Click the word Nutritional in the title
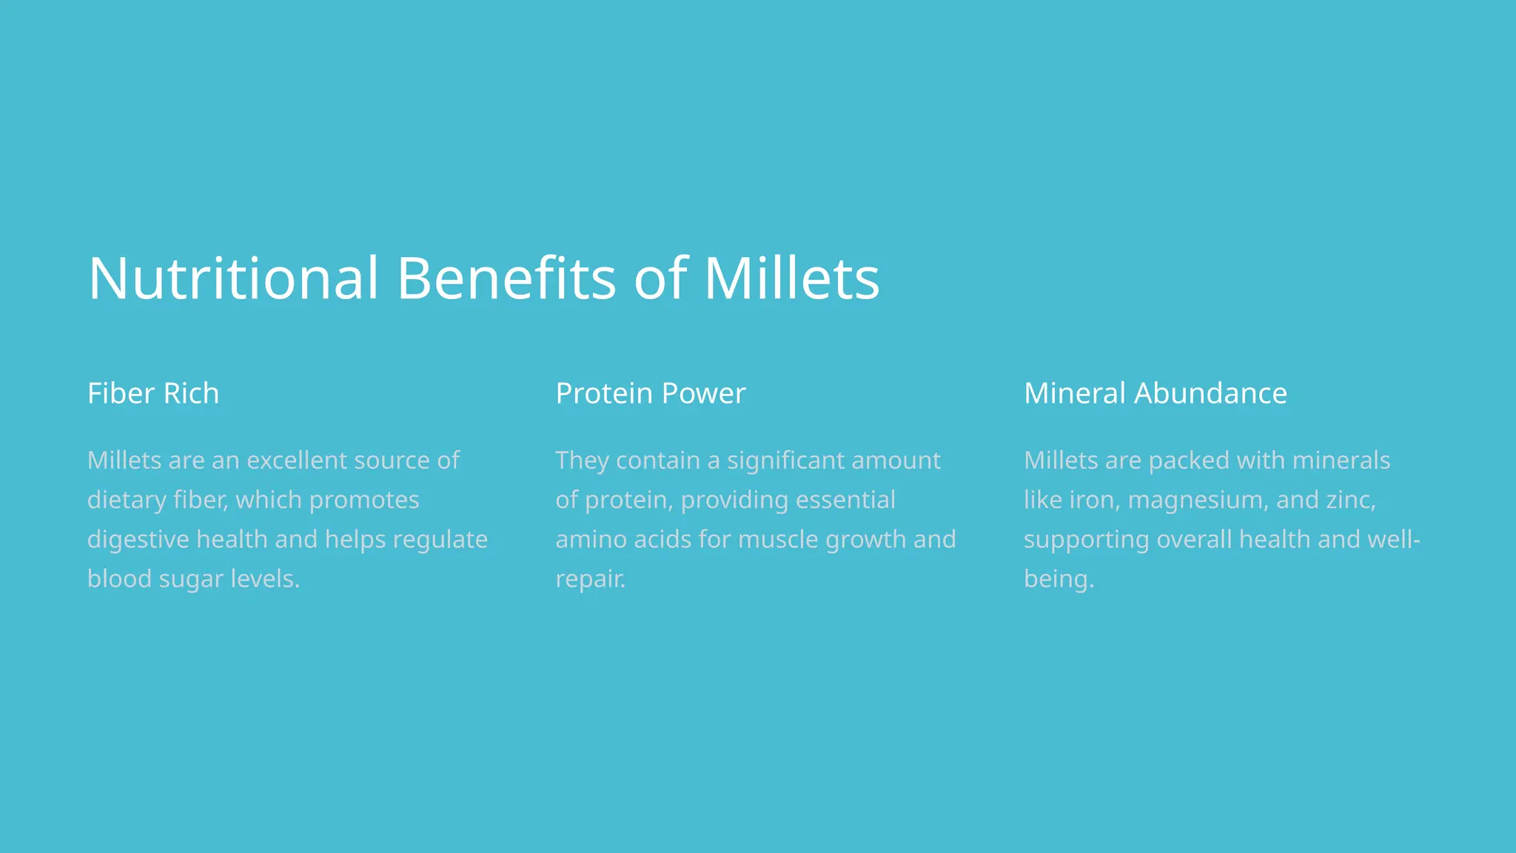pyautogui.click(x=233, y=278)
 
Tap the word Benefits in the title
pyautogui.click(x=506, y=278)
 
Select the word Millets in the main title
pyautogui.click(x=791, y=278)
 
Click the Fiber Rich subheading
pyautogui.click(x=153, y=393)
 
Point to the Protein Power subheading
pyautogui.click(x=651, y=393)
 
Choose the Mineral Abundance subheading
pyautogui.click(x=1156, y=393)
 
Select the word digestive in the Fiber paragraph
pyautogui.click(x=138, y=540)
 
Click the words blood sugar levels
pyautogui.click(x=193, y=579)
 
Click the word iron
pyautogui.click(x=1094, y=501)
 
